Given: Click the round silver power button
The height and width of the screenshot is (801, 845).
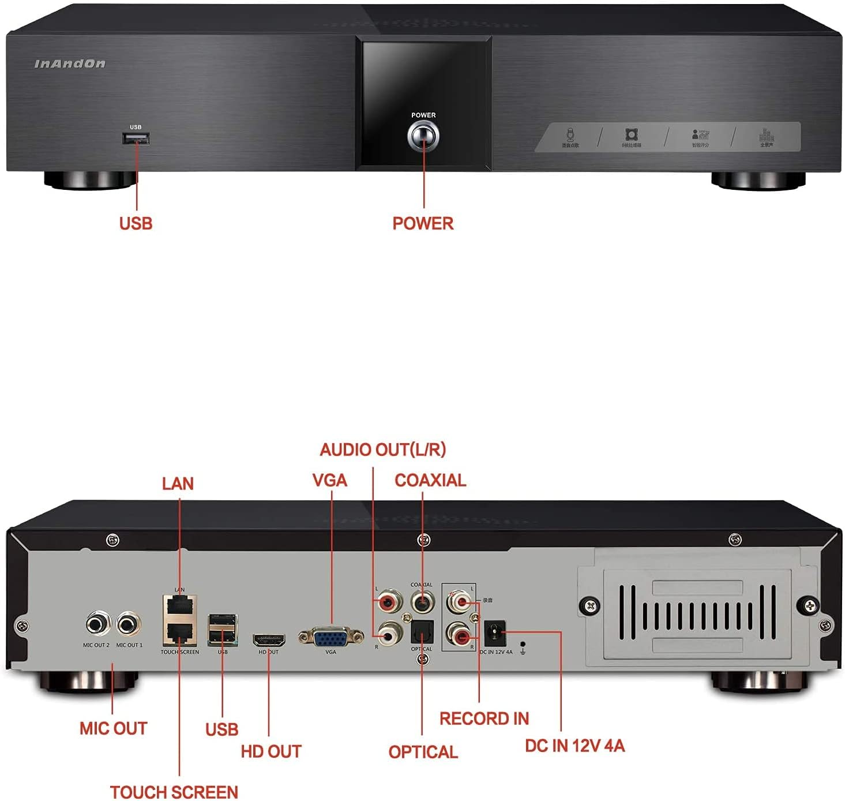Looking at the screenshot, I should coord(423,137).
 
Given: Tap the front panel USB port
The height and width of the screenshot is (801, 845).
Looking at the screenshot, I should coord(136,139).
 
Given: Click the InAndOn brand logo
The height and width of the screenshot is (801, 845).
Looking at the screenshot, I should coord(70,63).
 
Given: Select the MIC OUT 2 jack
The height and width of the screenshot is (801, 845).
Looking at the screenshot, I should coord(98,624).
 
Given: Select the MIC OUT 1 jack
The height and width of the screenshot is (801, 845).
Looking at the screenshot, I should coord(129,624).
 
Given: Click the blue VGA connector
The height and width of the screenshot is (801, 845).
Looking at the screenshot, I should coord(331,637).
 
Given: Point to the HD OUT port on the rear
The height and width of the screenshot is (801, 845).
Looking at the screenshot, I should coord(269,640).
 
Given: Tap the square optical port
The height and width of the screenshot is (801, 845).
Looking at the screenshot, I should coord(422,634).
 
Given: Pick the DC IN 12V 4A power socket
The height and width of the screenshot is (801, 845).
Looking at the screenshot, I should coord(495,634).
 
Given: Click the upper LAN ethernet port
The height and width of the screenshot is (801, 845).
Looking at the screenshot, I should coord(180,606).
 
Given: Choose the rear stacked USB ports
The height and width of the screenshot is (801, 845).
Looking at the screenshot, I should coord(223,630).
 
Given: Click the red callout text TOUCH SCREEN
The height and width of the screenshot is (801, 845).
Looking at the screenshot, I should coord(174,792).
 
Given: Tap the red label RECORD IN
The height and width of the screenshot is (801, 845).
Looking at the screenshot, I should coord(484,718).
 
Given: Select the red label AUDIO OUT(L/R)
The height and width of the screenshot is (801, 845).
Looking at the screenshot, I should coord(383,450).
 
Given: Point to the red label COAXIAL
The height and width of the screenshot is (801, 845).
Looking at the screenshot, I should coord(430,480).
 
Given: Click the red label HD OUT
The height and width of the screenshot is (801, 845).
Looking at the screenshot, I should coord(271,751).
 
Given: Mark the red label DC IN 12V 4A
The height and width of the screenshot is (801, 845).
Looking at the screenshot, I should coord(574,746).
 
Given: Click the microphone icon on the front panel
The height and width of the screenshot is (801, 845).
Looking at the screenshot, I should coord(570,134).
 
